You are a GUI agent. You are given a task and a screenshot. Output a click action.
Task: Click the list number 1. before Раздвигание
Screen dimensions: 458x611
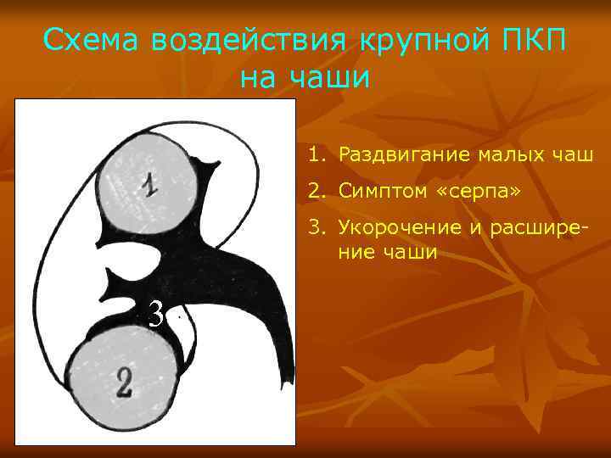tap(316, 156)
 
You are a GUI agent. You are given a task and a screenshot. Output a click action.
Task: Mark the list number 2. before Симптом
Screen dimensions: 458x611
tap(316, 192)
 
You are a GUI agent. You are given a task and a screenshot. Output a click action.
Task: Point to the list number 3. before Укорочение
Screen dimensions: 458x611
tap(316, 227)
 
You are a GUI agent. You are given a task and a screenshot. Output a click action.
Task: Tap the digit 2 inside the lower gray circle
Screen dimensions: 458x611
tap(123, 383)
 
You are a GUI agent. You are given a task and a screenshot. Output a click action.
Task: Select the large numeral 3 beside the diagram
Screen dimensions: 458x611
tap(154, 316)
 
